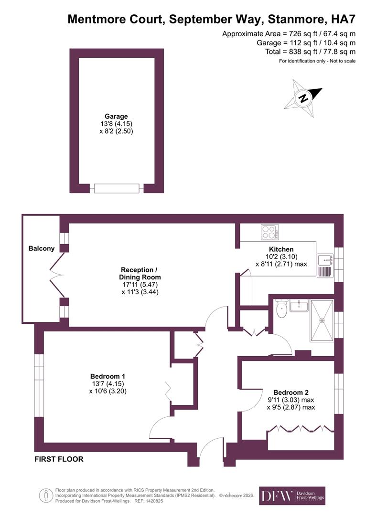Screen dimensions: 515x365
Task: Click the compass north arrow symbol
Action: [303, 98]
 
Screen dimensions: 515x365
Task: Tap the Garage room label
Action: [116, 116]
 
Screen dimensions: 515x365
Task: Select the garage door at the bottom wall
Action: [117, 188]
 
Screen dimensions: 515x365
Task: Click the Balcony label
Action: [42, 248]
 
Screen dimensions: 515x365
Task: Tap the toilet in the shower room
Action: [281, 309]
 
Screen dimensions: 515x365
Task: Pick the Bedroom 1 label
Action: [107, 376]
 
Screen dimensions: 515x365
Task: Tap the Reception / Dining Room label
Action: [140, 273]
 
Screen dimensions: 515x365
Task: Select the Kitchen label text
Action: [281, 249]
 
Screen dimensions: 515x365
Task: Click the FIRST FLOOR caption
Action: [59, 459]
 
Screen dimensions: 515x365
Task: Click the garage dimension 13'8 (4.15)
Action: [116, 124]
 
